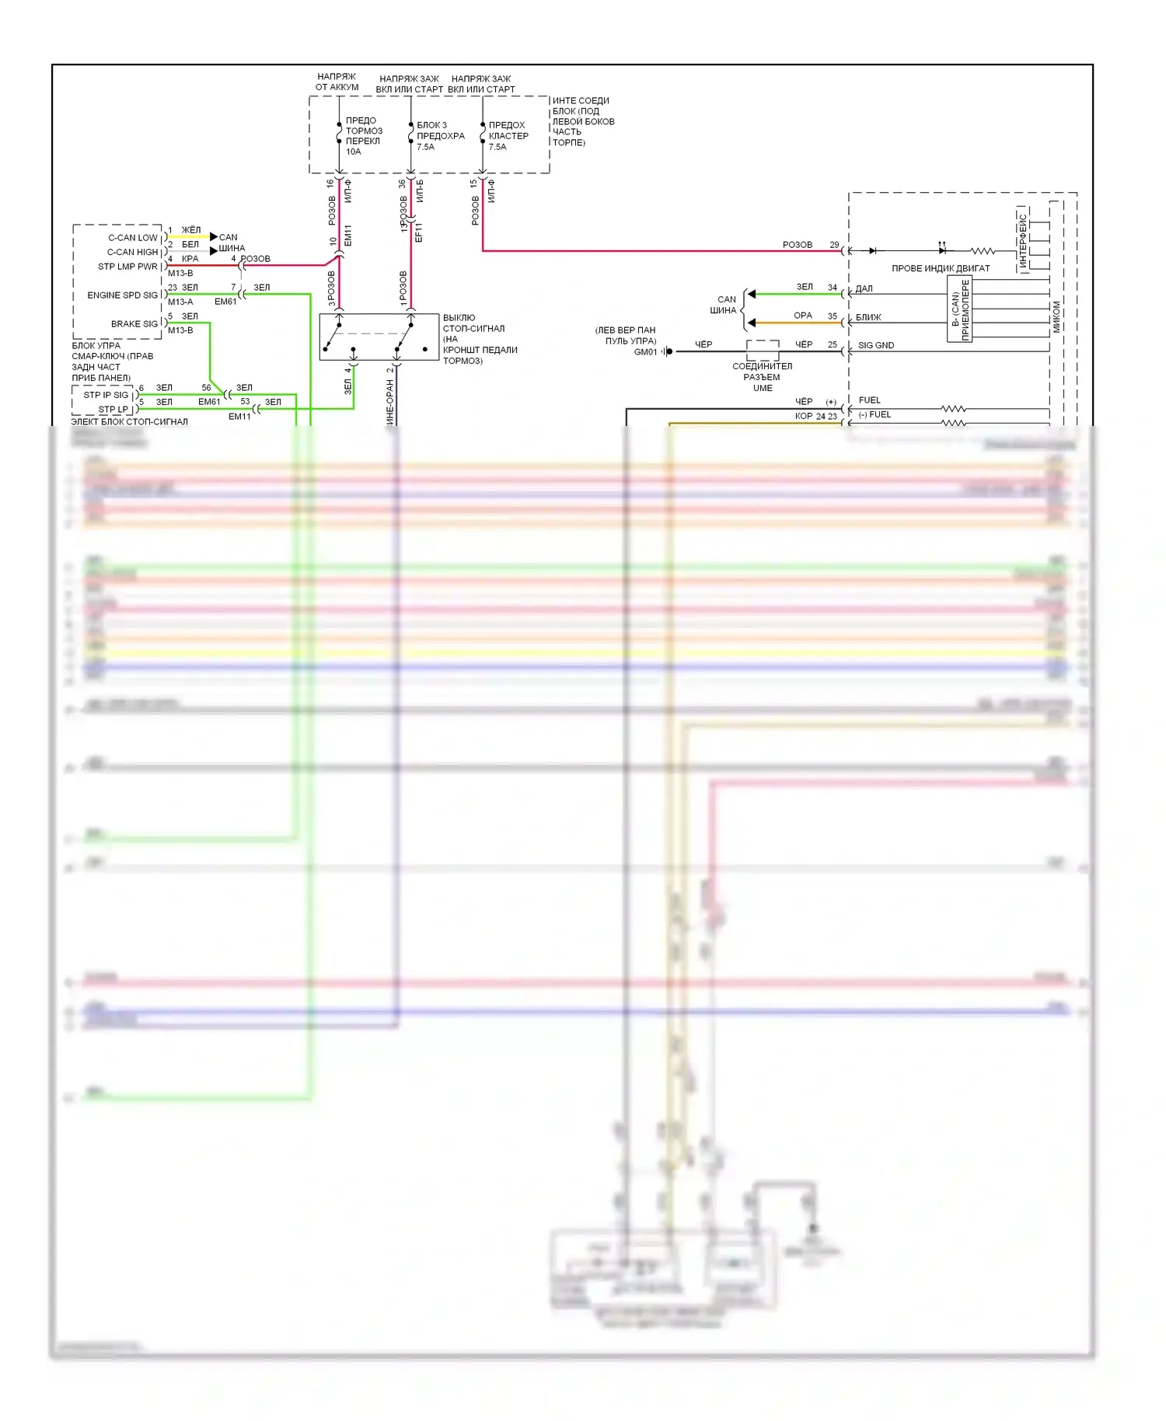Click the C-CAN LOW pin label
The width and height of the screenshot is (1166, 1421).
pos(132,238)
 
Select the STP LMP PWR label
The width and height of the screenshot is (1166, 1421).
pos(127,267)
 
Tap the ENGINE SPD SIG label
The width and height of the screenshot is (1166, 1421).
pos(122,295)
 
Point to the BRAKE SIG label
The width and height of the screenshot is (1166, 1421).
pos(134,324)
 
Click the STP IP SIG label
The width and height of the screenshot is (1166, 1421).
pos(106,395)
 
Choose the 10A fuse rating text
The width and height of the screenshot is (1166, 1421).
pos(354,152)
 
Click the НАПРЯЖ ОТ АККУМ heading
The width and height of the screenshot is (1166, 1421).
pos(337,82)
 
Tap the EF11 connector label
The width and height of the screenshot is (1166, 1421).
pos(418,232)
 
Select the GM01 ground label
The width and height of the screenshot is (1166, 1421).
pos(645,352)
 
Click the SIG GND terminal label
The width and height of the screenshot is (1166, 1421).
pos(875,345)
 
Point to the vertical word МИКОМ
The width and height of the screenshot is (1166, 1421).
pos(1056,317)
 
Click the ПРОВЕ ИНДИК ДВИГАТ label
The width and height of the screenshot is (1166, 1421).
pos(941,268)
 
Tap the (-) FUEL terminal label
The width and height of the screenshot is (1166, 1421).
pos(874,415)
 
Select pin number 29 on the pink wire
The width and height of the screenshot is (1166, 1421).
pos(834,245)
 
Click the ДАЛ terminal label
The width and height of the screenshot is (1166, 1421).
pos(864,288)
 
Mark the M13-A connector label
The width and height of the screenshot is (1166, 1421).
pos(180,302)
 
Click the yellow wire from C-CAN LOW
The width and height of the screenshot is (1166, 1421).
pos(188,236)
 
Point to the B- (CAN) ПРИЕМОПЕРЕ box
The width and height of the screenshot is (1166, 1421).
pos(960,310)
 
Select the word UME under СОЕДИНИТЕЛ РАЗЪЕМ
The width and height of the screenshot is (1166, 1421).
pos(763,388)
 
